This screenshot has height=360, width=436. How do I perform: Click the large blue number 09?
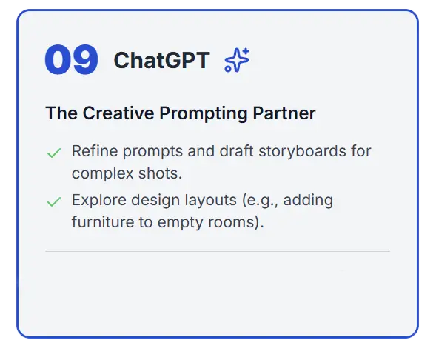[71, 61]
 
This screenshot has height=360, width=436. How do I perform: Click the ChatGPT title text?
[161, 61]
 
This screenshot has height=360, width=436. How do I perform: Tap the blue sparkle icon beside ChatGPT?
[237, 61]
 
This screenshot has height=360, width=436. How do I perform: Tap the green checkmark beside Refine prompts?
[53, 153]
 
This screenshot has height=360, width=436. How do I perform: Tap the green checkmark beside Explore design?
[53, 201]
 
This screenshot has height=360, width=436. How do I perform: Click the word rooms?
[239, 222]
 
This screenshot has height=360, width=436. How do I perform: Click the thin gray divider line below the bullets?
[217, 252]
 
